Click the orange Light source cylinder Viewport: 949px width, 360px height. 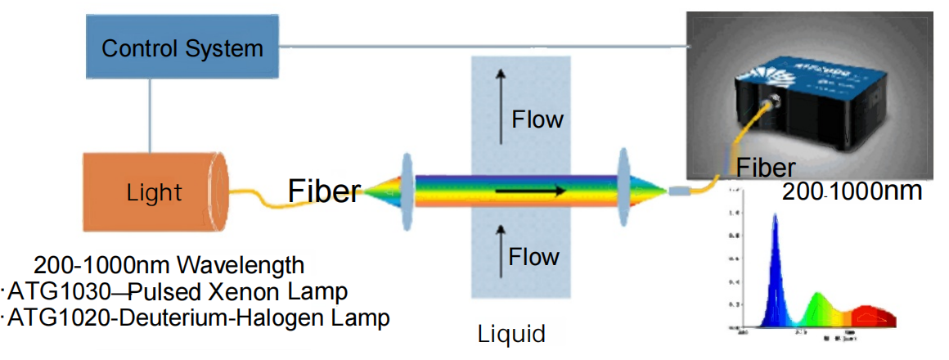pos(155,193)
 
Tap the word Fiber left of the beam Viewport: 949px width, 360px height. pos(324,191)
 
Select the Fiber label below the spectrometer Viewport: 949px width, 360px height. pos(766,168)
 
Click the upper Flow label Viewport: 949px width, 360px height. pos(537,119)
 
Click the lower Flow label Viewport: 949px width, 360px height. pos(534,257)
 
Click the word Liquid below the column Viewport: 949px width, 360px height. pos(511,334)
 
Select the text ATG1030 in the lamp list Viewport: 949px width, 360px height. pos(43,292)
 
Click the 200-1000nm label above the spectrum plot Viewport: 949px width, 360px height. pos(852,192)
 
